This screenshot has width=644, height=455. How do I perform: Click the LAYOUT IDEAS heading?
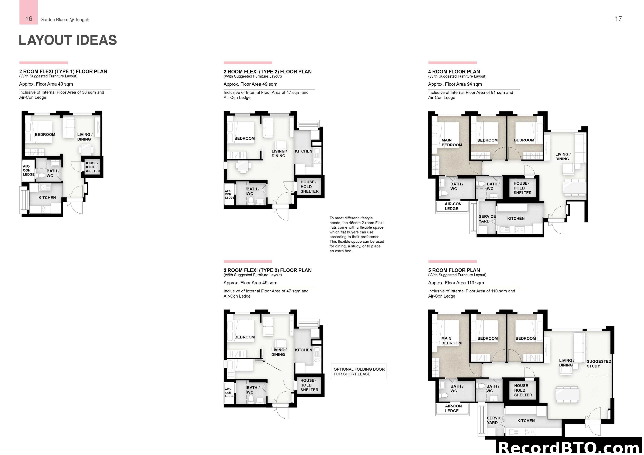point(68,40)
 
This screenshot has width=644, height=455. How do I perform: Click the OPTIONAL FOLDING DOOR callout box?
point(359,372)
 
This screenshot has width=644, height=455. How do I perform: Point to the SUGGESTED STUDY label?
point(599,364)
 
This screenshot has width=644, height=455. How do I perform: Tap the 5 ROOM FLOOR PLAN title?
point(454,270)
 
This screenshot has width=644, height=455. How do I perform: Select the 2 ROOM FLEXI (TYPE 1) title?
point(63,71)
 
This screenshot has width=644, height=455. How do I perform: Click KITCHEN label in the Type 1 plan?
point(47,198)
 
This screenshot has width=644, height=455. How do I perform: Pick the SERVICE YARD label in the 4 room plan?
point(487,219)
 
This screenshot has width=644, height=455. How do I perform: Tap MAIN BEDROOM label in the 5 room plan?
point(451,341)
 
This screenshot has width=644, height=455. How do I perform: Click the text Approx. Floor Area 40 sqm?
point(46,84)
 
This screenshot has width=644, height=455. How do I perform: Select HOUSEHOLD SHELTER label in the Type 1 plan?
point(92,167)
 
